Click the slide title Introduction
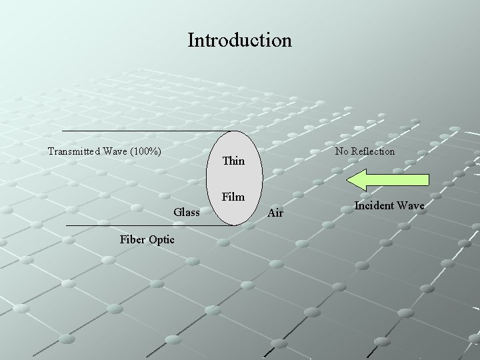click(239, 40)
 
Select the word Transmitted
click(73, 151)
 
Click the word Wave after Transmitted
click(115, 151)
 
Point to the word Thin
click(233, 161)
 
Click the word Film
click(233, 197)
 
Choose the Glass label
click(187, 212)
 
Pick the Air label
click(275, 213)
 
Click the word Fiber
click(132, 239)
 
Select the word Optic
click(162, 239)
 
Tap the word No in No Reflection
click(342, 151)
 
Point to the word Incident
click(375, 205)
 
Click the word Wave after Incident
click(411, 205)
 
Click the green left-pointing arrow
click(393, 180)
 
